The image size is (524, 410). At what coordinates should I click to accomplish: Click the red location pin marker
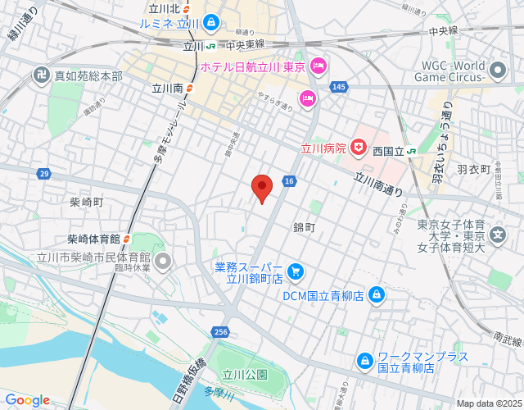click(x=261, y=188)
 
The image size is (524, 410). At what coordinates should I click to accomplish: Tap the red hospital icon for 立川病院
click(x=359, y=148)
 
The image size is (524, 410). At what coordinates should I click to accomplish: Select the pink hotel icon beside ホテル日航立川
click(x=318, y=65)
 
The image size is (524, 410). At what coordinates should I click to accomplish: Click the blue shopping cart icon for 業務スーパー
click(x=296, y=270)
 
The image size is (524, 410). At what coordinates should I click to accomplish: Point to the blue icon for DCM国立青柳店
click(x=376, y=294)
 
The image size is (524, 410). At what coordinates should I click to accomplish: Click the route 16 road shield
click(x=290, y=180)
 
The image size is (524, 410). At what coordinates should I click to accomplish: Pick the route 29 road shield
click(x=43, y=173)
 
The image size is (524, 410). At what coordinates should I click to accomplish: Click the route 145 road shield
click(x=340, y=86)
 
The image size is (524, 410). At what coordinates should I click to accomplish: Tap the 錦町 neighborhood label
click(x=304, y=226)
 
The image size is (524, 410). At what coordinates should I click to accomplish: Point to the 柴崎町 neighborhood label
click(x=86, y=202)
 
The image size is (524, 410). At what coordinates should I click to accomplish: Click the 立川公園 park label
click(x=246, y=375)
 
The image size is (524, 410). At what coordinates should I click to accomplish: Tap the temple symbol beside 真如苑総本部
click(x=17, y=75)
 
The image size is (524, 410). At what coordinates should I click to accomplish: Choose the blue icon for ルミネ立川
click(x=212, y=22)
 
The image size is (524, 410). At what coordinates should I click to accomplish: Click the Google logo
click(x=27, y=399)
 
